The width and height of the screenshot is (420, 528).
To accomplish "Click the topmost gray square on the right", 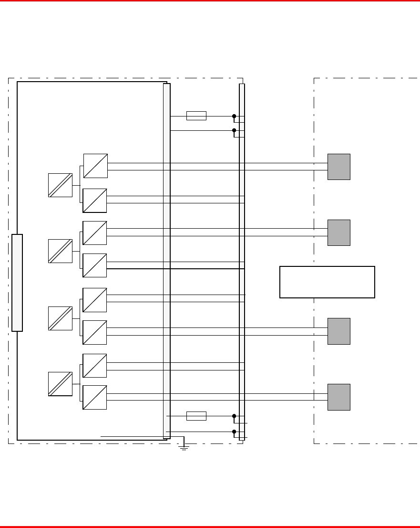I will (338, 167).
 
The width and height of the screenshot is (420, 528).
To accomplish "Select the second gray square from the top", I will (338, 232).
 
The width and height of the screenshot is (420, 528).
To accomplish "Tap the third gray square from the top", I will (338, 331).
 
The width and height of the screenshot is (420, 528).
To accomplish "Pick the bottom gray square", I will (338, 397).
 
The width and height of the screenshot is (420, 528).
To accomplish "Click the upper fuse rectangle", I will (196, 116).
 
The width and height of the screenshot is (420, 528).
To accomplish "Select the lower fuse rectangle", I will (196, 416).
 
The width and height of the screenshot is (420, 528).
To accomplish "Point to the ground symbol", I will (184, 447).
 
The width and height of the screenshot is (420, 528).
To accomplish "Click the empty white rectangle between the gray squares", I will (327, 282).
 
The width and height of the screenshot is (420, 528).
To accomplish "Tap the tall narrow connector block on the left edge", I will (17, 283).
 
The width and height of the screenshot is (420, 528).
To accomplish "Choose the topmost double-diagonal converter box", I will (60, 185).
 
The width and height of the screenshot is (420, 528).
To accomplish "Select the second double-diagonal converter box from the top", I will (60, 251).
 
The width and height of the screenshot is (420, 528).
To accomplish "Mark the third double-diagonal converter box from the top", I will (60, 318).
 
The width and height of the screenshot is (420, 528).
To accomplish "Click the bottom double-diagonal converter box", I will (60, 384).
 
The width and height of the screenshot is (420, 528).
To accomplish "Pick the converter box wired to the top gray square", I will (95, 166).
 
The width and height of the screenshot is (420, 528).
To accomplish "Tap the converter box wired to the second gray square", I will (94, 233).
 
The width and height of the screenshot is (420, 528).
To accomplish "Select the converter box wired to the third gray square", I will (94, 332).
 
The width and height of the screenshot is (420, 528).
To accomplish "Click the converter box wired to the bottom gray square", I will (94, 397).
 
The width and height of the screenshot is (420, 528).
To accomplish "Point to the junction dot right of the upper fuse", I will (234, 116).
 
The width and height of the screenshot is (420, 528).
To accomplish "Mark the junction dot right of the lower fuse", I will (234, 416).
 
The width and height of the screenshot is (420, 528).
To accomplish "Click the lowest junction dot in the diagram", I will (234, 432).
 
